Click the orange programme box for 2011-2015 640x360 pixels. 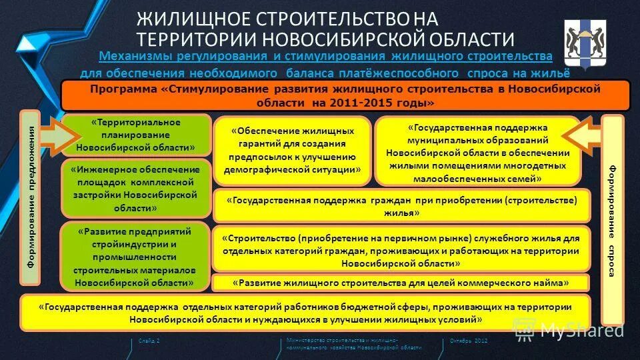[345, 95]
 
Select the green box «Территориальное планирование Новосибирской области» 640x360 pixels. [136, 135]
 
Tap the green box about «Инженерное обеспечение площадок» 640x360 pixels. [136, 189]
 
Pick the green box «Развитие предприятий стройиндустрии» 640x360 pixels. [136, 257]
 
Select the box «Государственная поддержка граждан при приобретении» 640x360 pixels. [401, 206]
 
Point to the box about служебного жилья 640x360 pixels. [401, 250]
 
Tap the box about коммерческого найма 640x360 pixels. [401, 283]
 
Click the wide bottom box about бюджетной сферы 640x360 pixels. [305, 313]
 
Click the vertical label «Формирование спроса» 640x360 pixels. [612, 220]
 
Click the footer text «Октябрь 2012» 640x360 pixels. [469, 341]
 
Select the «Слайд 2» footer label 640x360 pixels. [149, 341]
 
